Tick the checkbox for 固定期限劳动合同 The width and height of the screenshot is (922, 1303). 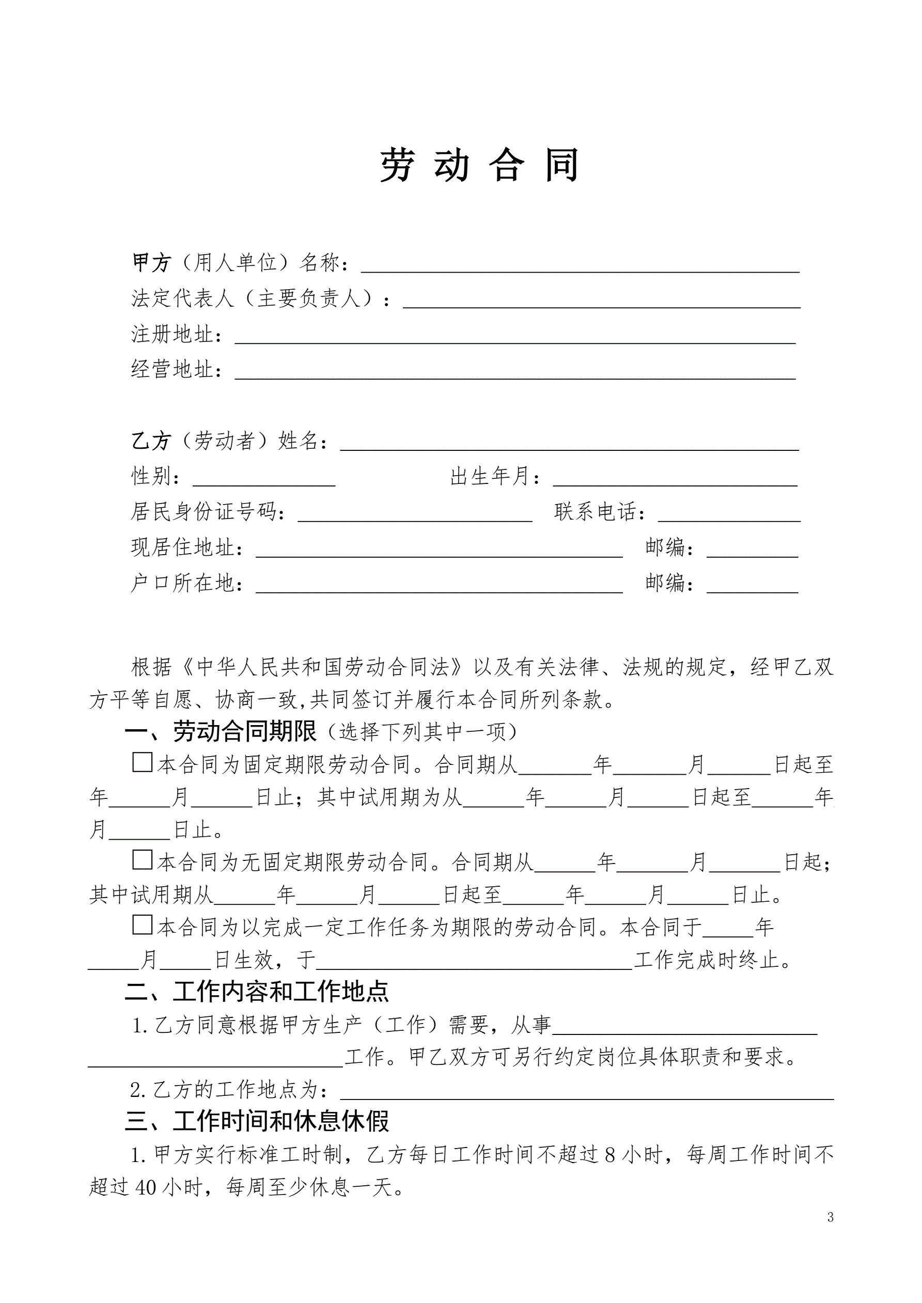[142, 762]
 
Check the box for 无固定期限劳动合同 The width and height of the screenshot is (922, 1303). [142, 860]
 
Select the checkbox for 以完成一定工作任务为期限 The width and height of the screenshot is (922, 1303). [142, 924]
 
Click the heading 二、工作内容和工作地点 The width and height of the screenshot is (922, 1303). [257, 992]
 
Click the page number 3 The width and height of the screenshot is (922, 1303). [830, 1217]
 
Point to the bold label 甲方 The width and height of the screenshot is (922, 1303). [151, 263]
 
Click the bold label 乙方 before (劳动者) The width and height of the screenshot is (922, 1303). [151, 441]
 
